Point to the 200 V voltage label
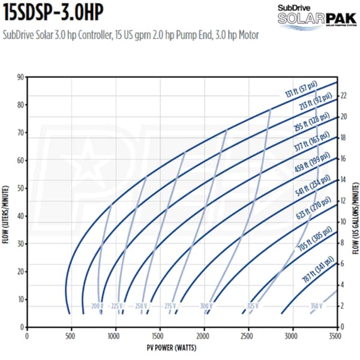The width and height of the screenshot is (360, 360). click(98, 306)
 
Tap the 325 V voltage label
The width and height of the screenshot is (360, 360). click(252, 306)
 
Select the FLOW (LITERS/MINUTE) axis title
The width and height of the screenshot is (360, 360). click(7, 201)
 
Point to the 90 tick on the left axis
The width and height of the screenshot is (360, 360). click(20, 77)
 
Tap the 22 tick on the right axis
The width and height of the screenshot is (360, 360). click(343, 95)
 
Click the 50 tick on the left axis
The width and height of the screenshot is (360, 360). click(20, 188)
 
